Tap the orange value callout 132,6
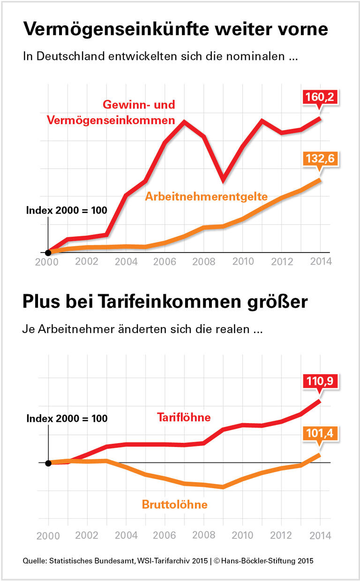320,159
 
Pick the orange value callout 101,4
320,434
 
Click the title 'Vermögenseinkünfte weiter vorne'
175,29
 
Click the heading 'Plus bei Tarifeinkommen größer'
165,302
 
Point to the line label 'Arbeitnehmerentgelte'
206,196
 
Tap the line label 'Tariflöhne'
184,417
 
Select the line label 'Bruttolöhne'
174,504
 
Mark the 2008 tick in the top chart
203,261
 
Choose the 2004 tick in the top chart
126,261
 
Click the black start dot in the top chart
48,253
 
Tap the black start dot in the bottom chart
48,463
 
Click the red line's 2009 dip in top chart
223,179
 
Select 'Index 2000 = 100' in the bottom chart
67,418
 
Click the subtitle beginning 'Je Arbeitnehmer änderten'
142,329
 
